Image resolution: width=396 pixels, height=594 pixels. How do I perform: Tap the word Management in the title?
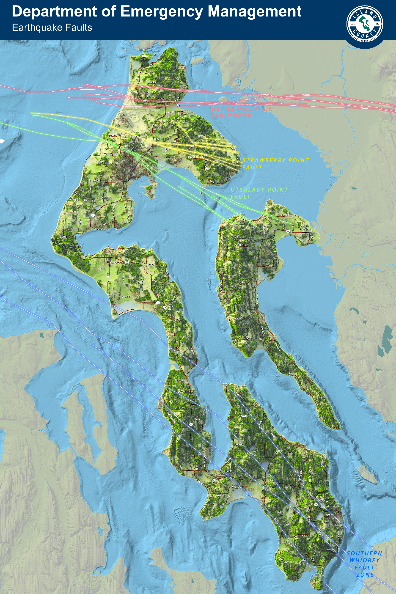(x=255, y=12)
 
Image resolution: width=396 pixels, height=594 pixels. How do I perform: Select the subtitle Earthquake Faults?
(x=52, y=27)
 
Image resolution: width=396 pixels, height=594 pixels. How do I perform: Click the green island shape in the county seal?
(x=364, y=23)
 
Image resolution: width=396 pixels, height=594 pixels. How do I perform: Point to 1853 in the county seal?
(x=377, y=24)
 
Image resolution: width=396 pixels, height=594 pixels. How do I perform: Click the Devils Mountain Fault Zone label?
(x=242, y=112)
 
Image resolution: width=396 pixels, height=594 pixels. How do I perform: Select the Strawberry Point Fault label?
(x=275, y=164)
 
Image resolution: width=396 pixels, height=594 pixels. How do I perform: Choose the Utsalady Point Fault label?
(x=259, y=193)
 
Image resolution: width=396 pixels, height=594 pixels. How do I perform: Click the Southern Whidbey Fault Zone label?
(x=364, y=564)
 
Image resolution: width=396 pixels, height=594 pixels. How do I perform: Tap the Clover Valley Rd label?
(x=115, y=135)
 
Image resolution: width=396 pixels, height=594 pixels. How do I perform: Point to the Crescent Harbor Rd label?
(x=195, y=157)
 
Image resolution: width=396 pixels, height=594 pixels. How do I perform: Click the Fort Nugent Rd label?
(x=95, y=180)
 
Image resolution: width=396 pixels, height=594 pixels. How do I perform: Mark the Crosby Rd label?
(x=104, y=154)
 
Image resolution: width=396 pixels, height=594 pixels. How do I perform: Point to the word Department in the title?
(x=54, y=12)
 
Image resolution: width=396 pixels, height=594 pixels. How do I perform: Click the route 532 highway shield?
(x=288, y=231)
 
